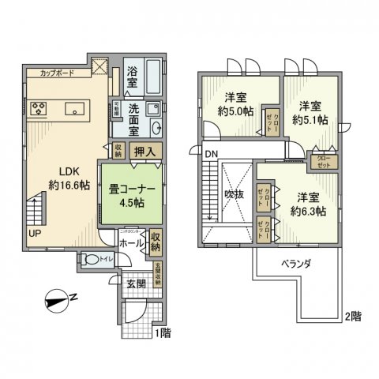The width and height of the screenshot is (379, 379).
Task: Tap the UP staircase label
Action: point(34,233)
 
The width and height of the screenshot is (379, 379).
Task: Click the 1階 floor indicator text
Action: point(163,333)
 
